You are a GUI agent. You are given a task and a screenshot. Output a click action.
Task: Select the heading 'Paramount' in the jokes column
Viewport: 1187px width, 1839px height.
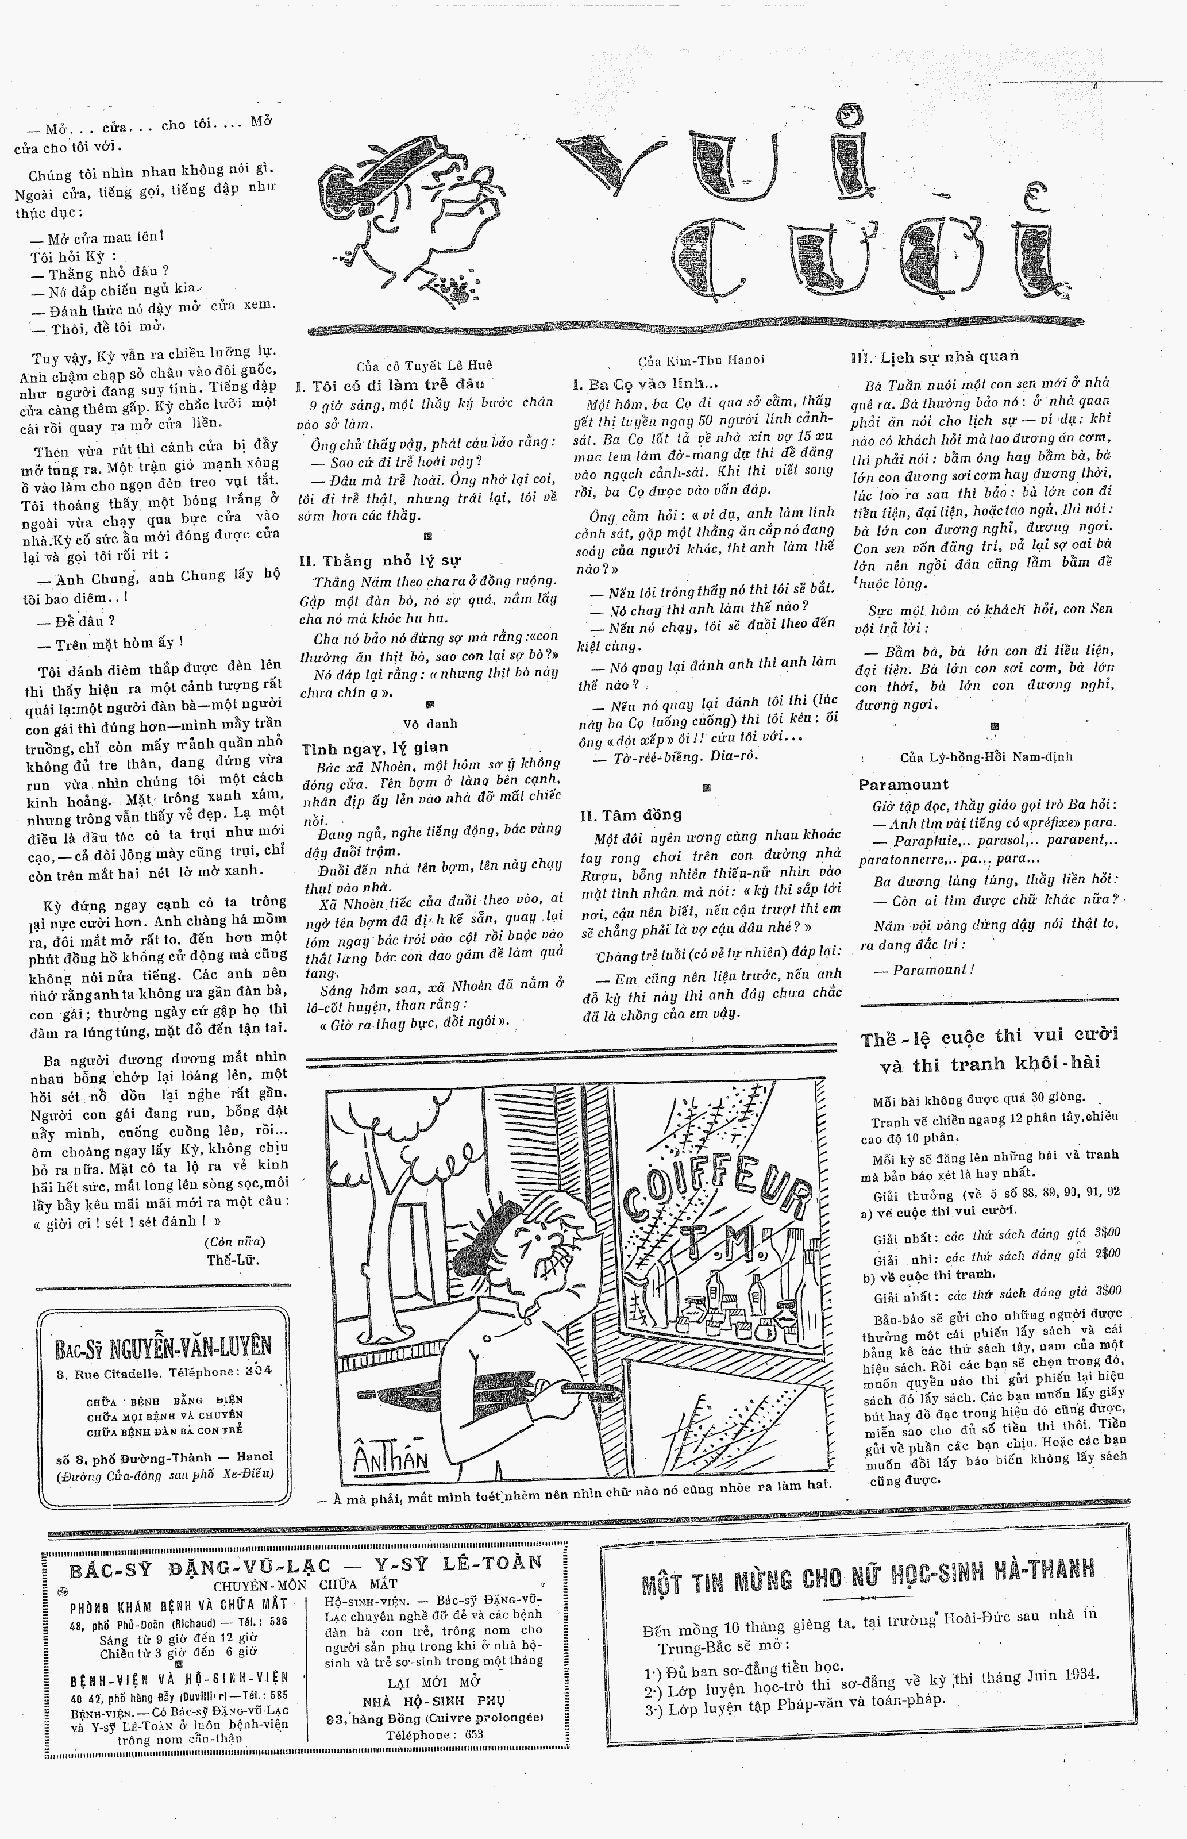903,784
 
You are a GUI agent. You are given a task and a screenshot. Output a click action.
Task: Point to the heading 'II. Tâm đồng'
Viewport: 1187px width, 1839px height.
630,815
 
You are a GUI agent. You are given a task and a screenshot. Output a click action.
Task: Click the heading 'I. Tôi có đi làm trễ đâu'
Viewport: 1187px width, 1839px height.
390,384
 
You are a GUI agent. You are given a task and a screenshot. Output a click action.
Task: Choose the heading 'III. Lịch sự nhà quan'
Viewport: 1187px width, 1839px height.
934,356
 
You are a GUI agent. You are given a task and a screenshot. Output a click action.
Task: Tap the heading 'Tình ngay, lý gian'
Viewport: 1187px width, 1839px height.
375,747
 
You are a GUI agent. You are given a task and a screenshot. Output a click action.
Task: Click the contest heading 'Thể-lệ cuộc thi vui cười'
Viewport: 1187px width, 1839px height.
989,1037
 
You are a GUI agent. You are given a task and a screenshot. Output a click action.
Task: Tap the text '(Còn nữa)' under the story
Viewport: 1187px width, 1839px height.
234,1242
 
